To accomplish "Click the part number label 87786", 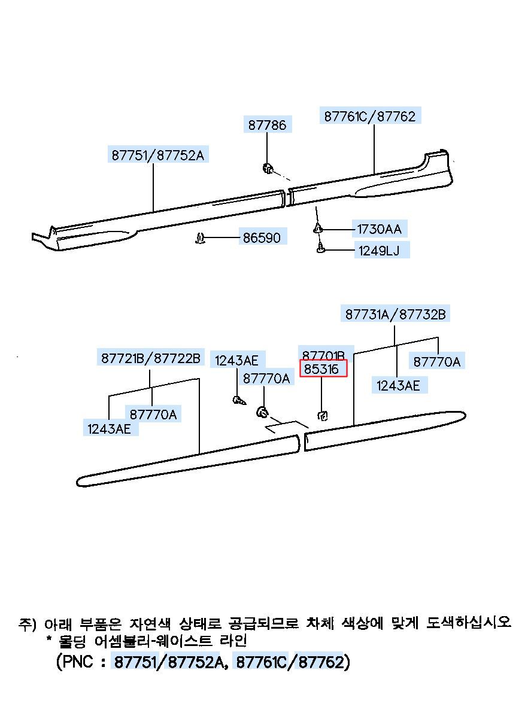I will pyautogui.click(x=267, y=124).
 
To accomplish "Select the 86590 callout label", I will pyautogui.click(x=261, y=237).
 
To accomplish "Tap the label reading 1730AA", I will pyautogui.click(x=379, y=229).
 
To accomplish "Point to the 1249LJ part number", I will pyautogui.click(x=379, y=250).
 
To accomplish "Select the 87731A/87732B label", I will pyautogui.click(x=395, y=314).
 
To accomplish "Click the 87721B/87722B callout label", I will pyautogui.click(x=150, y=358).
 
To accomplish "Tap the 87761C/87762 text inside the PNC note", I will pyautogui.click(x=290, y=662).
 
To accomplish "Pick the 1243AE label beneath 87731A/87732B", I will pyautogui.click(x=398, y=385).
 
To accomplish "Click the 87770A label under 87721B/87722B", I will pyautogui.click(x=153, y=413).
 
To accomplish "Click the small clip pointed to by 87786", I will pyautogui.click(x=268, y=168).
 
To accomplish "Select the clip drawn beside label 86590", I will pyautogui.click(x=201, y=239).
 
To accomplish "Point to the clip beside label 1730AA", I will pyautogui.click(x=318, y=228).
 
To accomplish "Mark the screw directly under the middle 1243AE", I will pyautogui.click(x=238, y=400).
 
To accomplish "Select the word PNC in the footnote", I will pyautogui.click(x=78, y=662).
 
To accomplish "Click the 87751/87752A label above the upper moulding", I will pyautogui.click(x=157, y=155).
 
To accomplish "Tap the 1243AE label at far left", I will pyautogui.click(x=109, y=428).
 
